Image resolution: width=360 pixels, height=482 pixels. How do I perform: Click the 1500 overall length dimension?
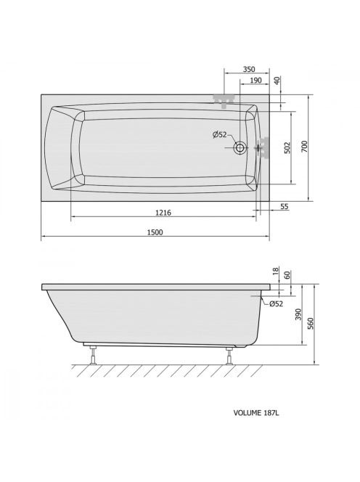(155, 232)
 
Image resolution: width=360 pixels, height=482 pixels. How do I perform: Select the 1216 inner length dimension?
(163, 213)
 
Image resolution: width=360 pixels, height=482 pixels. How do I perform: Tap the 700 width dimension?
(304, 147)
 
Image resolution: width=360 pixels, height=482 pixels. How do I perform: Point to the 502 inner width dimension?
(287, 148)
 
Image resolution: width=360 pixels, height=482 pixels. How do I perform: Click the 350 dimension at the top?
(249, 69)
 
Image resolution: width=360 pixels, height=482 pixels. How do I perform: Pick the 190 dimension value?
(255, 81)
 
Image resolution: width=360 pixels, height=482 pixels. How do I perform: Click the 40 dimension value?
(277, 81)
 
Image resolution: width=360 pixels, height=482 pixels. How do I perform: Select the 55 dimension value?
(285, 206)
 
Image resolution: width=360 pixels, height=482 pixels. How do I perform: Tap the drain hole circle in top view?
(240, 148)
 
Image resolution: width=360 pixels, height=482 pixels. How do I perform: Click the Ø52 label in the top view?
(219, 134)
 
